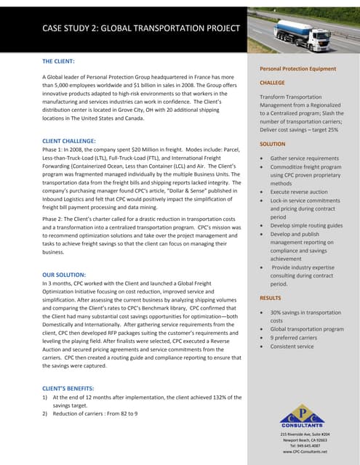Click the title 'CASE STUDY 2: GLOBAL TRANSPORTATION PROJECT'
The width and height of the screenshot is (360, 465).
coord(140,28)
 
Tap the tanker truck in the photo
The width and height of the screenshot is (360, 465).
coord(306,28)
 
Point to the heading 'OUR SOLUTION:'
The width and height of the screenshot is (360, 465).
coord(66,275)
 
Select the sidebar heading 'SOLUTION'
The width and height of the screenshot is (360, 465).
coord(273,144)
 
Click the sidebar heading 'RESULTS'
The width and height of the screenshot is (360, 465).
coord(271,298)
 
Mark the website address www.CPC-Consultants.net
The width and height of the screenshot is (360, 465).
coord(302,452)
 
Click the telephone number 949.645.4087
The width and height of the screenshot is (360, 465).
coord(302,445)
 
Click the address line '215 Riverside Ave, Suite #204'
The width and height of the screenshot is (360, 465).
coord(302,434)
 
